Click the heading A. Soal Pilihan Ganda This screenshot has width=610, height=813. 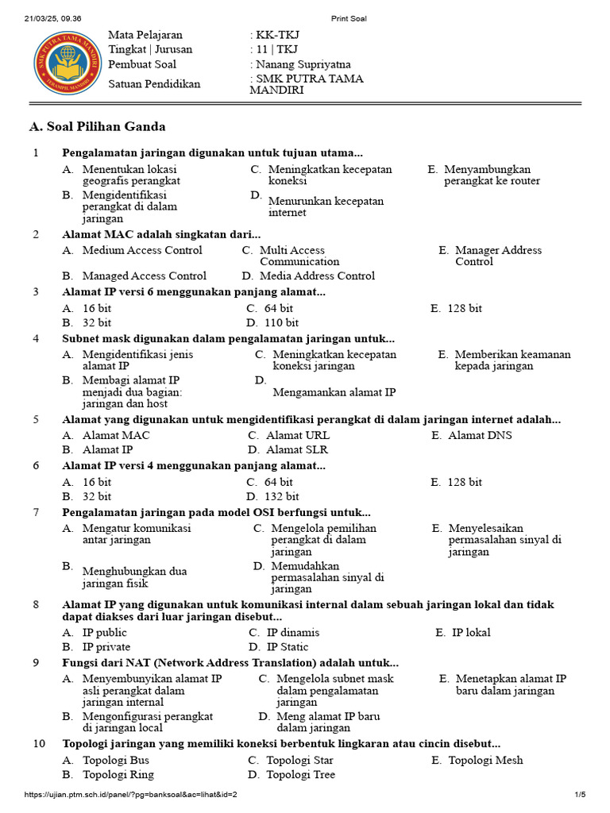tap(97, 127)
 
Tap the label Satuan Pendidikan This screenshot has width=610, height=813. tap(154, 84)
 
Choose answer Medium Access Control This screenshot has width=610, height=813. tap(142, 250)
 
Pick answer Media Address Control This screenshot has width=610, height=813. tap(317, 275)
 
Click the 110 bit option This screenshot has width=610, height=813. tap(281, 322)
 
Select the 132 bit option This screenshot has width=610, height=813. tap(281, 496)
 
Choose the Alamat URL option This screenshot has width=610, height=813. tap(298, 435)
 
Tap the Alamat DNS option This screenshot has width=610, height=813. tap(480, 435)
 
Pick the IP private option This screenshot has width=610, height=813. tap(106, 646)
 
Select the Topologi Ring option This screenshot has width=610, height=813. tap(118, 774)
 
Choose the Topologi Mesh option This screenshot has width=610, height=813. tap(485, 760)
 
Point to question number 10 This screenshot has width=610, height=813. tap(39, 744)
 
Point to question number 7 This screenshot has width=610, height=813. tap(36, 512)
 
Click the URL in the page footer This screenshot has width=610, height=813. tap(131, 794)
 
